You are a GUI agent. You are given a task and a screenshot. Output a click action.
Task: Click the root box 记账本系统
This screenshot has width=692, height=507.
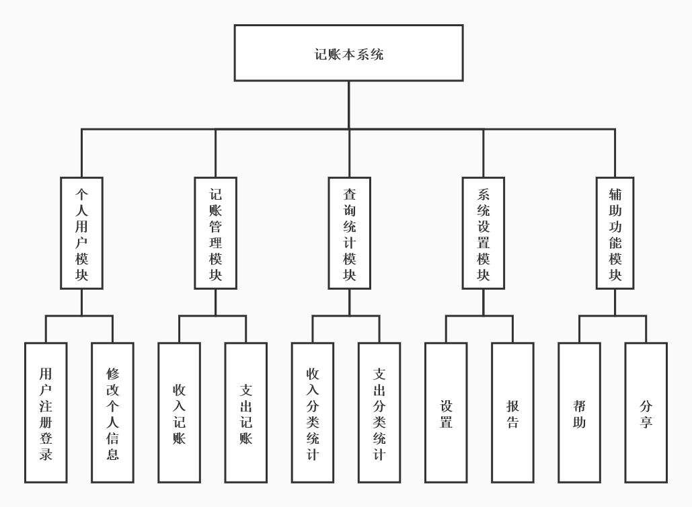(348, 53)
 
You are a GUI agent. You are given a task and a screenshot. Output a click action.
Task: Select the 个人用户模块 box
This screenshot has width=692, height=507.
(81, 233)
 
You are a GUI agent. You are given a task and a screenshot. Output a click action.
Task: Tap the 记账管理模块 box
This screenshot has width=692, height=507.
(215, 233)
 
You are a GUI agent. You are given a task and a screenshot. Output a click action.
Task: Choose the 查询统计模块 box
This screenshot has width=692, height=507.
(349, 233)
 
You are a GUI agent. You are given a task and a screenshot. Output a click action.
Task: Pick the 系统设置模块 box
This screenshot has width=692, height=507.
(483, 233)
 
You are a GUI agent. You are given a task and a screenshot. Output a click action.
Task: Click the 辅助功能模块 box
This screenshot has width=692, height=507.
(615, 233)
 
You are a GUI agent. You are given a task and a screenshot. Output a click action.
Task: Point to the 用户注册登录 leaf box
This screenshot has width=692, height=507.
(46, 413)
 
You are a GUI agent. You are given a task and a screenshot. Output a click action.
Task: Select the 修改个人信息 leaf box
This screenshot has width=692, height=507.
(112, 413)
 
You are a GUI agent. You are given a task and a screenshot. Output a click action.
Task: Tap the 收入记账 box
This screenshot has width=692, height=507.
(179, 413)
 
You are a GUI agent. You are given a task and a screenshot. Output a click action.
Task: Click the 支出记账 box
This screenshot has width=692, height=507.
(245, 413)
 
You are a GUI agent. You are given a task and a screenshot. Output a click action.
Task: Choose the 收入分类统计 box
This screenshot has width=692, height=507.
(312, 413)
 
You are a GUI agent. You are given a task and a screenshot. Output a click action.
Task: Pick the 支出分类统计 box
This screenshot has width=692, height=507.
(379, 413)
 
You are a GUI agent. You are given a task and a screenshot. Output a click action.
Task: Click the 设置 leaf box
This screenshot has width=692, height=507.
(446, 413)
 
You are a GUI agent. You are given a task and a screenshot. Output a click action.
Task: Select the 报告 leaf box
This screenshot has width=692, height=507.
(512, 413)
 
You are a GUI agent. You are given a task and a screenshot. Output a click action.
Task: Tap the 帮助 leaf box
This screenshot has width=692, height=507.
(579, 413)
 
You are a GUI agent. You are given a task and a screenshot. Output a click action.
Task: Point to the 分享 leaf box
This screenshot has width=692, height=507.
(646, 413)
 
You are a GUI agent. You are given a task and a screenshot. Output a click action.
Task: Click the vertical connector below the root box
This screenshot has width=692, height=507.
(348, 104)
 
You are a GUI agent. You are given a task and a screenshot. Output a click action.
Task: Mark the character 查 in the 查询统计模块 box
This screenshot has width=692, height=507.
(350, 194)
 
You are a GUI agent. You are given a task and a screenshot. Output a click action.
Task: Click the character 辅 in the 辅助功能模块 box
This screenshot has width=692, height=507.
(615, 194)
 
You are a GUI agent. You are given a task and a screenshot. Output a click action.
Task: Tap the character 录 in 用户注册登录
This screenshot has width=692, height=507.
(46, 454)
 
